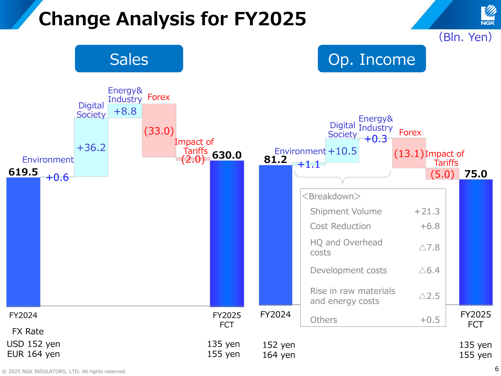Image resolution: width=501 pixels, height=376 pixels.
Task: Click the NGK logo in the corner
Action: pyautogui.click(x=488, y=15)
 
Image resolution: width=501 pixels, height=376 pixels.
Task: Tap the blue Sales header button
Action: pyautogui.click(x=129, y=59)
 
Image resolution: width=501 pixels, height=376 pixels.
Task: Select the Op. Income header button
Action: pyautogui.click(x=372, y=59)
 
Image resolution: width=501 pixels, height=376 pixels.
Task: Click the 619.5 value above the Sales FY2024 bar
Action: pyautogui.click(x=23, y=172)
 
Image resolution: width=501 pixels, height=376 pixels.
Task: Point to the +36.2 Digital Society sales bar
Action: pyautogui.click(x=91, y=147)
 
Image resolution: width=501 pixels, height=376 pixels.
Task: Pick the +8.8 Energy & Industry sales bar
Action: pyautogui.click(x=125, y=111)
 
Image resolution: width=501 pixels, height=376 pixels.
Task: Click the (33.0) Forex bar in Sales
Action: pyautogui.click(x=159, y=131)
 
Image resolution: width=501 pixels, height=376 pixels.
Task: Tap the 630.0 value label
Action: pyautogui.click(x=227, y=155)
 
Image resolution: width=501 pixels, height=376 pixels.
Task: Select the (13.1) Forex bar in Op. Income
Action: pyautogui.click(x=409, y=153)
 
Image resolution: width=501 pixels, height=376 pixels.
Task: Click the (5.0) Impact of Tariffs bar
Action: pyautogui.click(x=442, y=174)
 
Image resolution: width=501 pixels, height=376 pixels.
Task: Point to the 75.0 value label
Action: pyautogui.click(x=476, y=174)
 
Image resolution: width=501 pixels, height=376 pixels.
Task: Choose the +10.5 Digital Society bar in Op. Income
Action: pyautogui.click(x=342, y=151)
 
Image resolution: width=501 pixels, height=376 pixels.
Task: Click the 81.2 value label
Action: pyautogui.click(x=275, y=159)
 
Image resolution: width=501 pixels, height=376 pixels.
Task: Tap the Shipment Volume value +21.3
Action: pyautogui.click(x=427, y=211)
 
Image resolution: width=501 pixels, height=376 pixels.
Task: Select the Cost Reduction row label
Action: pyautogui.click(x=340, y=226)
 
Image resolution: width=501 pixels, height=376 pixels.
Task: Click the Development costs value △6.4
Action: pyautogui.click(x=429, y=270)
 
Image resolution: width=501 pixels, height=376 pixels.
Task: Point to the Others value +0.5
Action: pyautogui.click(x=430, y=320)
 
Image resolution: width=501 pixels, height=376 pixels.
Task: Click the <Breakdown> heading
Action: pyautogui.click(x=331, y=196)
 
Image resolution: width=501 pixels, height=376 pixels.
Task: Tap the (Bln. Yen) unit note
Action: pyautogui.click(x=465, y=37)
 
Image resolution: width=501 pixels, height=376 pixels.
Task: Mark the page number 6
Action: pyautogui.click(x=497, y=369)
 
